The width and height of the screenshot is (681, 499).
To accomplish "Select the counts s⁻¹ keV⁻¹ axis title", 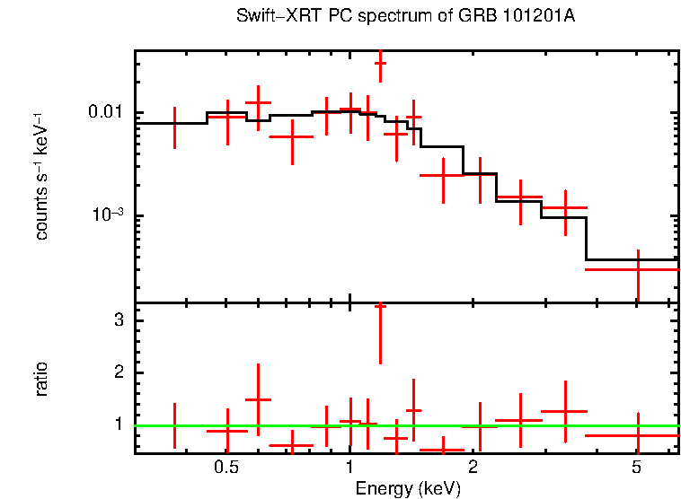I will pos(42,176).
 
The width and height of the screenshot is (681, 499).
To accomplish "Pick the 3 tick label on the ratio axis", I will pos(119,321).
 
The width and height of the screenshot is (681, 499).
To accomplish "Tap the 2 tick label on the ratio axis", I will pos(119,372).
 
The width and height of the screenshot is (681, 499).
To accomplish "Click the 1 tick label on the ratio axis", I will pos(119,424).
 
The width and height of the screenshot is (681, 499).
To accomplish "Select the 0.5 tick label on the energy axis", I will pos(226,468).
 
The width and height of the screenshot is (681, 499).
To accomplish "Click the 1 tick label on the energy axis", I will pos(349,468).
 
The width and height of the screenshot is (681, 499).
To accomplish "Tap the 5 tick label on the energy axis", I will pos(636,468).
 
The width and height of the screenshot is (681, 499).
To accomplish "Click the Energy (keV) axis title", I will pos(408,488).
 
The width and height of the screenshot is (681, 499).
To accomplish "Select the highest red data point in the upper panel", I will pos(380,64).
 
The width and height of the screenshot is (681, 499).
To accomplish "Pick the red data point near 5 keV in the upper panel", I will pos(637,268).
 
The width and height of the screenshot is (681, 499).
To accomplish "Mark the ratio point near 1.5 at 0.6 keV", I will pos(259,399).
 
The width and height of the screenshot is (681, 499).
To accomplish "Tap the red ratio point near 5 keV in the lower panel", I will pos(637,435).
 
